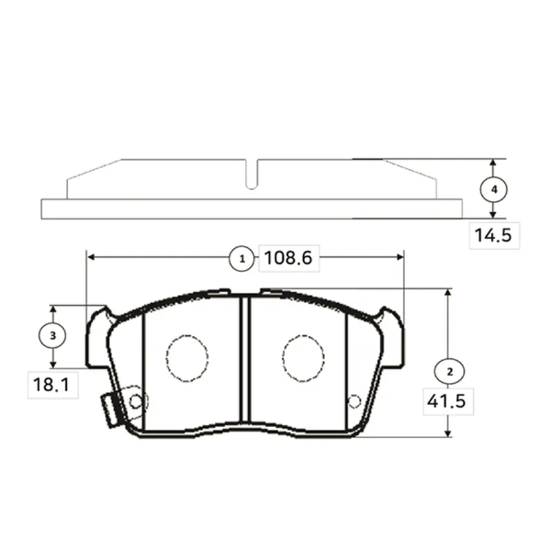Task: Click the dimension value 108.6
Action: point(288,258)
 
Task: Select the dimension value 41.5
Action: point(446,401)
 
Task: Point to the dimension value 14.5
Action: point(493,235)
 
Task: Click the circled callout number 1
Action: point(242,259)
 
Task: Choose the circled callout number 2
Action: point(450,371)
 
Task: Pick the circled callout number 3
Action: point(53,335)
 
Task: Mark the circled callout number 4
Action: point(494,190)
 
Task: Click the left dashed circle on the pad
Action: point(187,358)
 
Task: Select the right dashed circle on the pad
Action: point(303,358)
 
